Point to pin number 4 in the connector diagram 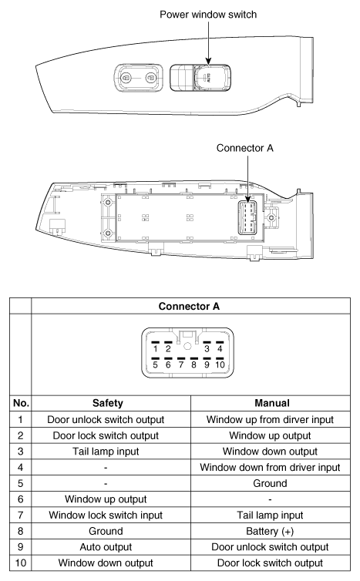pyautogui.click(x=219, y=348)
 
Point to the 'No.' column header pyautogui.click(x=15, y=401)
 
